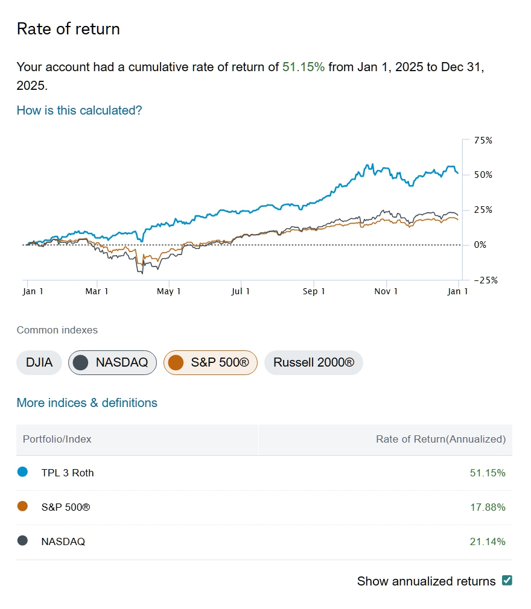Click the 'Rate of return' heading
point(68,29)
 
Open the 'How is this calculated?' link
point(79,110)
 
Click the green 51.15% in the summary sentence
point(304,67)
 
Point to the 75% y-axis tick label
point(483,140)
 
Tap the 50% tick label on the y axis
point(483,175)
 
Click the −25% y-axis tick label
point(481,280)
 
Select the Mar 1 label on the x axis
point(97,291)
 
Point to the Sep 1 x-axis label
point(314,291)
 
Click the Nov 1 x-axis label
point(386,291)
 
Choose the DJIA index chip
point(39,362)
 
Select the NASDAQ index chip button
point(112,362)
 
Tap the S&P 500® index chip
point(210,362)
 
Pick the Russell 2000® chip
point(314,362)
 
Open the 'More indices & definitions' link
point(87,403)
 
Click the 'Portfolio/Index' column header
point(57,439)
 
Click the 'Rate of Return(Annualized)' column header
point(440,439)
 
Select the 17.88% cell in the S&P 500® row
point(488,507)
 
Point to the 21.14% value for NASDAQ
point(488,541)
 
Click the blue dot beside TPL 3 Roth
point(23,472)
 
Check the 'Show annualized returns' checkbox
point(507,581)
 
